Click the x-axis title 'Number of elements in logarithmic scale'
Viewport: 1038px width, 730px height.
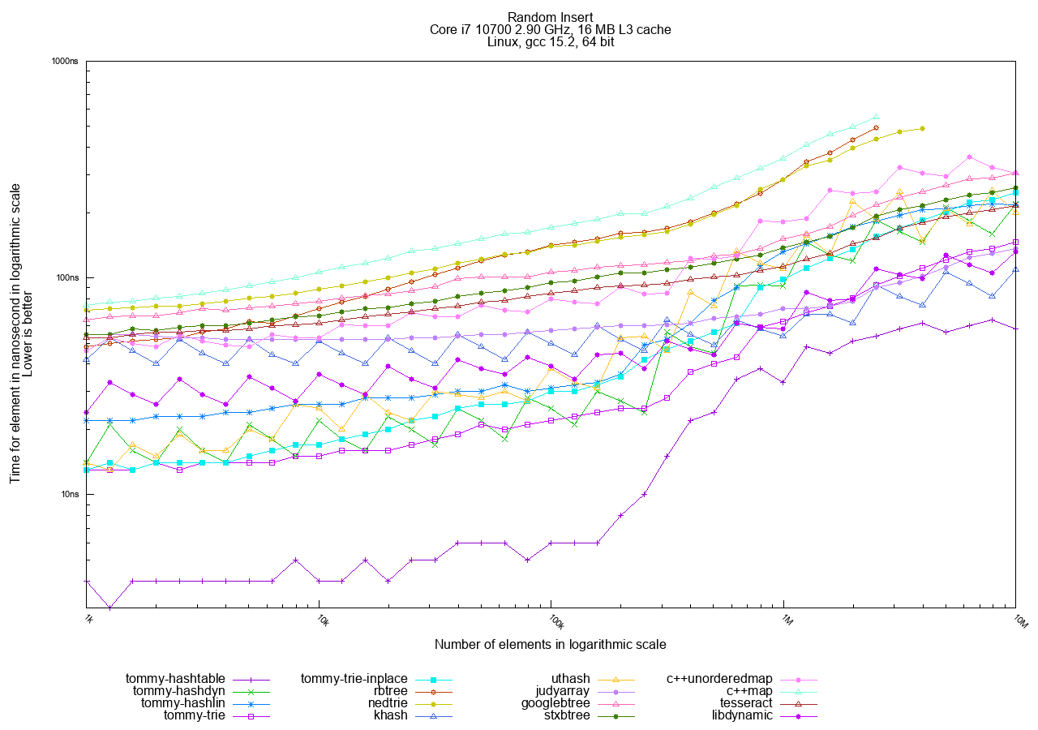pos(551,645)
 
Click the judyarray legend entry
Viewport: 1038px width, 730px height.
pos(563,690)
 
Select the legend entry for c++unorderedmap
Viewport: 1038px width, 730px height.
pos(719,678)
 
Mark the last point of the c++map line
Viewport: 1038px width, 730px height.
pos(877,116)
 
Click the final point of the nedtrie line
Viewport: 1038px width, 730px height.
pos(923,128)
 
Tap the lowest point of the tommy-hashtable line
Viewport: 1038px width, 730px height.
pos(110,607)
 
